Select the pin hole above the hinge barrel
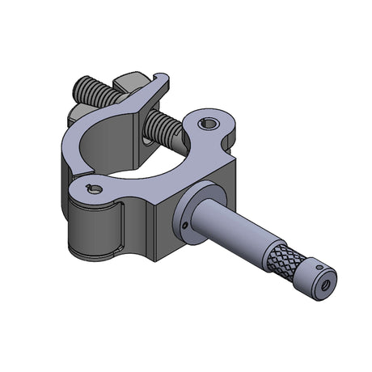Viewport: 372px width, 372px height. [95, 190]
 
